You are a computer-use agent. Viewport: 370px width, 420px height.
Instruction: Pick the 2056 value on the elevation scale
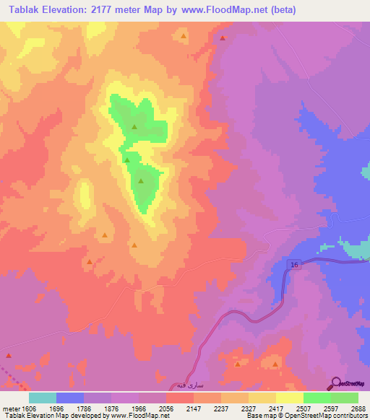(166, 408)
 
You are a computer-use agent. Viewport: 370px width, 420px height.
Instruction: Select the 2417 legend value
(276, 408)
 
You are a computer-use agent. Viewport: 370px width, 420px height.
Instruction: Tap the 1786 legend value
(85, 408)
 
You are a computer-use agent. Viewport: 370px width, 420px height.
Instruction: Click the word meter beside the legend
(10, 408)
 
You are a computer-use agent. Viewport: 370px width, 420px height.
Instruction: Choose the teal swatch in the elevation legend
(43, 398)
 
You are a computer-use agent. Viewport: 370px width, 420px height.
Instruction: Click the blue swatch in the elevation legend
(70, 398)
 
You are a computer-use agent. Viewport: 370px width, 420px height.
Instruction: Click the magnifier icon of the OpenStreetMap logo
(335, 384)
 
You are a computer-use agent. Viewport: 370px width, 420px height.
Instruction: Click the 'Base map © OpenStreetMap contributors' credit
(307, 416)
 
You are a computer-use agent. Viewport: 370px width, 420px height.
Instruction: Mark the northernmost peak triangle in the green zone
(134, 127)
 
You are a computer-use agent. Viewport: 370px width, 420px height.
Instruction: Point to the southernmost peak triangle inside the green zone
(141, 181)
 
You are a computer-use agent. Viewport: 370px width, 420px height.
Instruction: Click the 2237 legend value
(221, 408)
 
